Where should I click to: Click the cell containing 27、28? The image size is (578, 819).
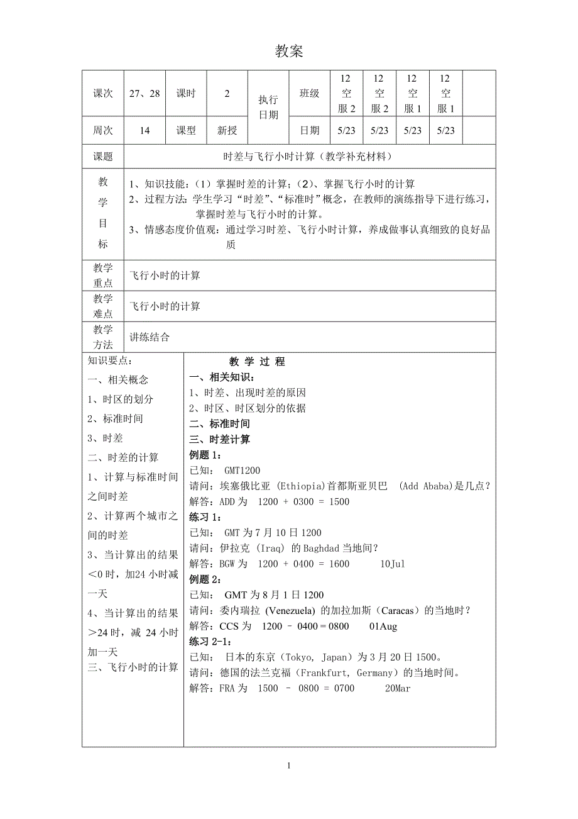point(144,94)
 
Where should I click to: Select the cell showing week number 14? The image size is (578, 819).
point(144,131)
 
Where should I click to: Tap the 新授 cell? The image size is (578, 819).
point(227,131)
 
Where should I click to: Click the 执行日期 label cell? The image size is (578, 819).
point(268,108)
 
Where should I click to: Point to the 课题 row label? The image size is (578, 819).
point(103,157)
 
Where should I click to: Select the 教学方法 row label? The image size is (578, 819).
point(103,337)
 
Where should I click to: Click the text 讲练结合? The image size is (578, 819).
point(150,337)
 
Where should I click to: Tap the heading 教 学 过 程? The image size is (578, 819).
point(257,362)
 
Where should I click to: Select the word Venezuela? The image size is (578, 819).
point(292,611)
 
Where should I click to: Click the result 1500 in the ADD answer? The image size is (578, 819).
point(339,502)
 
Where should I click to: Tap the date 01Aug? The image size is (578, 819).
point(383,627)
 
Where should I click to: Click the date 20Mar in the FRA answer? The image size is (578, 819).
point(397,689)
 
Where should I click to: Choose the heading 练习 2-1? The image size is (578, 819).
point(210,642)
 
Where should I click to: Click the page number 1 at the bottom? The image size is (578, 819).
point(288,766)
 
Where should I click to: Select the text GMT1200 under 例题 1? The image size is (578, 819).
point(242,471)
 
